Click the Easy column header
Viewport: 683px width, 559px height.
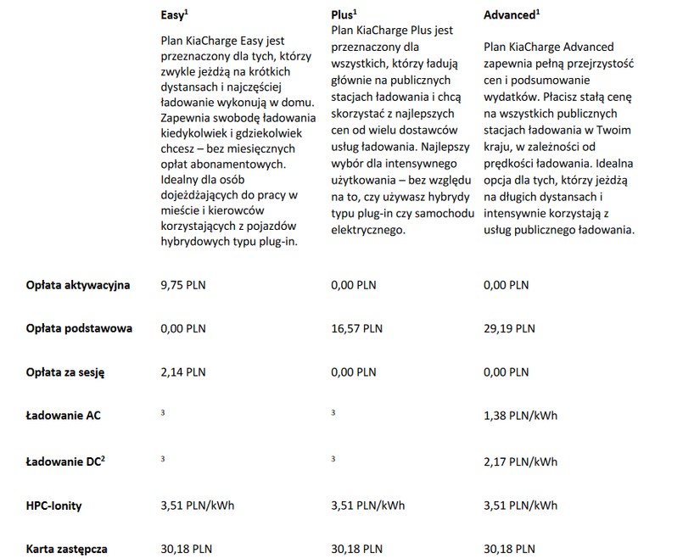(175, 15)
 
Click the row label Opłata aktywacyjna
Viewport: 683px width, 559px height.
(78, 285)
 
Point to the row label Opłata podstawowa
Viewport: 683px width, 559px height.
(79, 328)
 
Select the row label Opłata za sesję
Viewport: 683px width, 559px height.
(66, 372)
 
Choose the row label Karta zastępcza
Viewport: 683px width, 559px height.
(68, 549)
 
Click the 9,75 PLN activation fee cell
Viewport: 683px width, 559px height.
(183, 285)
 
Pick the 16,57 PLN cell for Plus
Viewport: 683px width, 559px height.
(356, 328)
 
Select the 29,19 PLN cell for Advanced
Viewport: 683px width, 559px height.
(509, 328)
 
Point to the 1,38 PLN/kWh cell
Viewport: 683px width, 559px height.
(520, 416)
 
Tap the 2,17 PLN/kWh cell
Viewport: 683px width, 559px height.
(520, 461)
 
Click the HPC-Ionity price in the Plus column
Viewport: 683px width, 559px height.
(367, 505)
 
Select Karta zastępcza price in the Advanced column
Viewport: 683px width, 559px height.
(509, 549)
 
